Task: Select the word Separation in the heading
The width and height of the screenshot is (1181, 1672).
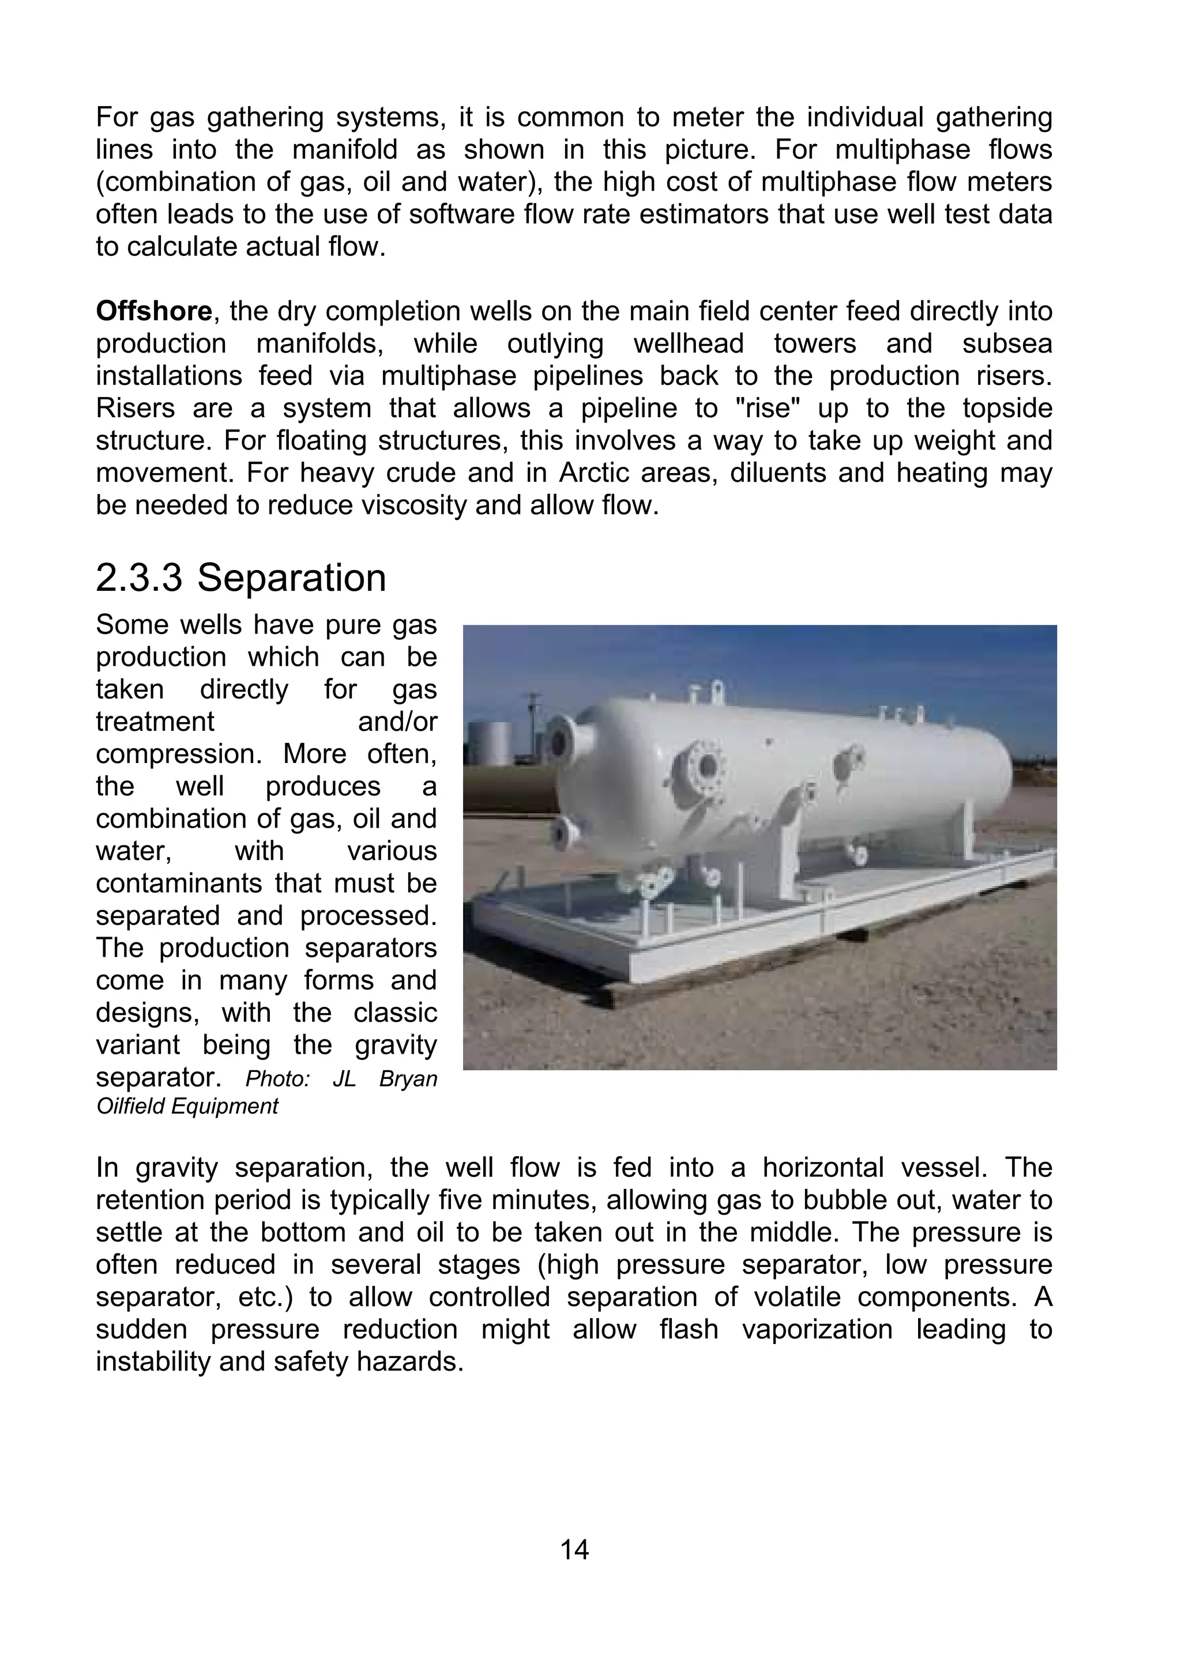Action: pyautogui.click(x=291, y=578)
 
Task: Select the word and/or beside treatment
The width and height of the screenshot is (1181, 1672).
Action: pyautogui.click(x=397, y=722)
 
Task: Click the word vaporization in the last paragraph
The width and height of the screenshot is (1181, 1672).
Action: pyautogui.click(x=817, y=1329)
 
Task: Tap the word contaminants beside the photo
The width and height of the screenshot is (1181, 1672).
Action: pyautogui.click(x=180, y=884)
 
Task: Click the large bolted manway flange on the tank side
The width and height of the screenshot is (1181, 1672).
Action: pyautogui.click(x=704, y=766)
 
